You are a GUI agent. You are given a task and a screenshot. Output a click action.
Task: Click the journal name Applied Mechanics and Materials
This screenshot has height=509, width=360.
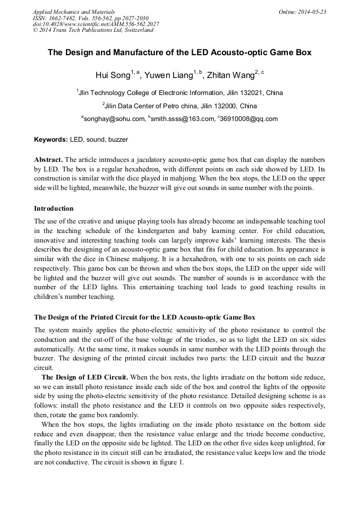[x=74, y=11]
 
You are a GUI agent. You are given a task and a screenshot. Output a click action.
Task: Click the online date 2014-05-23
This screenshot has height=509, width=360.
[x=302, y=11]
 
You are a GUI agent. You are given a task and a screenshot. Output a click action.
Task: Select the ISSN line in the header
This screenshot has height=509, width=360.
[x=91, y=18]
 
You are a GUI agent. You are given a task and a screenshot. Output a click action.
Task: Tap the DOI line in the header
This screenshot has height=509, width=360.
[x=96, y=24]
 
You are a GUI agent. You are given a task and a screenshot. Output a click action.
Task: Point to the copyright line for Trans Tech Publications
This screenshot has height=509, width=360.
[x=93, y=30]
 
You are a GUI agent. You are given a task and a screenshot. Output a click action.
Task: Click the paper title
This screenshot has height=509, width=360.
[x=179, y=53]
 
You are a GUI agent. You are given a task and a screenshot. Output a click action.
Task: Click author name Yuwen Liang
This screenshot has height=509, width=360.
[x=169, y=75]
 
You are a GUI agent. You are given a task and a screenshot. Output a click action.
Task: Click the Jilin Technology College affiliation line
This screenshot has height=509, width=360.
[x=179, y=93]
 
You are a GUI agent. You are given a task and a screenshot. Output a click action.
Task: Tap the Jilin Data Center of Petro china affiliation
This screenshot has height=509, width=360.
[x=179, y=106]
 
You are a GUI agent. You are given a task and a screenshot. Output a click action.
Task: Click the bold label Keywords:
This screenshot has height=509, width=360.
[x=51, y=140]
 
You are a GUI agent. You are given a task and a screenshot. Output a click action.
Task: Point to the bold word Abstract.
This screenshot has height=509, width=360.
[x=48, y=160]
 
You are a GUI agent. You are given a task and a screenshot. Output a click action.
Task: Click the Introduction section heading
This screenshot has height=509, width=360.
[x=54, y=208]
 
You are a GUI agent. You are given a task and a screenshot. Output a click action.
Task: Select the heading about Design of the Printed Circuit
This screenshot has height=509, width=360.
[x=144, y=317]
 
